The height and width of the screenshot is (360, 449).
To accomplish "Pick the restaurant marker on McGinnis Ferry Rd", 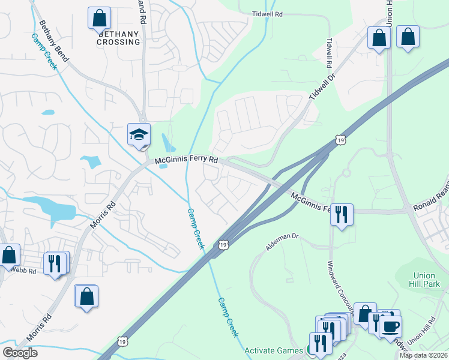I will coord(342,214).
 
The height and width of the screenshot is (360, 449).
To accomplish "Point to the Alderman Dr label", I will coord(282,241).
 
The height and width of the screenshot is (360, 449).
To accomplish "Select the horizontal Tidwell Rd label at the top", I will coord(268,13).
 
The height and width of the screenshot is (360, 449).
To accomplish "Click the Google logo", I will coord(20,353).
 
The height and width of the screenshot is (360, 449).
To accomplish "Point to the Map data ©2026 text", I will coord(423,355).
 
